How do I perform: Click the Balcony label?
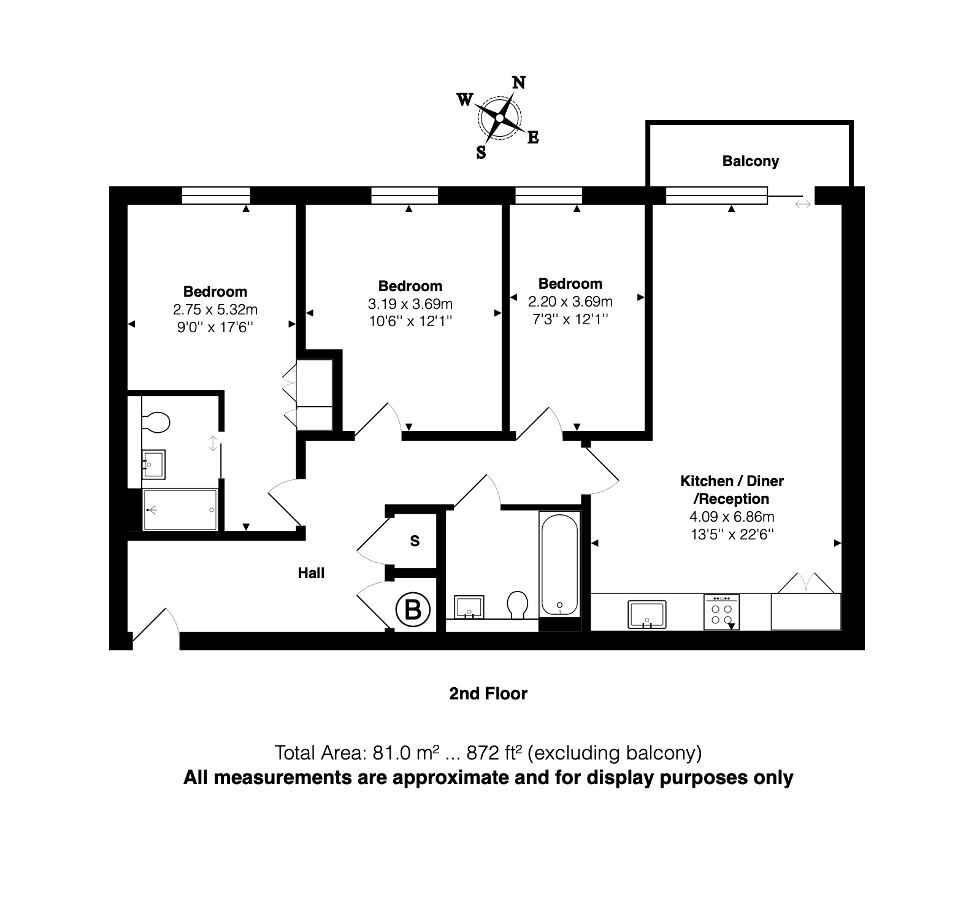pyautogui.click(x=750, y=161)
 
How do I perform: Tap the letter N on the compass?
pyautogui.click(x=518, y=83)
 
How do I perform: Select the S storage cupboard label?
pyautogui.click(x=415, y=541)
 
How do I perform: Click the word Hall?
pyautogui.click(x=311, y=573)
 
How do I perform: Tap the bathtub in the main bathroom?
pyautogui.click(x=559, y=564)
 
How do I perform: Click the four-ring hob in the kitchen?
pyautogui.click(x=721, y=612)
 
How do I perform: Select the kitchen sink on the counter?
pyautogui.click(x=647, y=615)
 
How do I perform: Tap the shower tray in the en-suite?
pyautogui.click(x=180, y=509)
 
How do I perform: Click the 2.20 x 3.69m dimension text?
pyautogui.click(x=570, y=302)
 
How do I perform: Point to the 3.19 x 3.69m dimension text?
pyautogui.click(x=410, y=303)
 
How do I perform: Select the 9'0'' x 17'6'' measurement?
pyautogui.click(x=215, y=327)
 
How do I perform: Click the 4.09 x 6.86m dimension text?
pyautogui.click(x=732, y=517)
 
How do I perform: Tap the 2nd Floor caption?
pyautogui.click(x=488, y=693)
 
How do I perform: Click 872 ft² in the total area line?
pyautogui.click(x=494, y=752)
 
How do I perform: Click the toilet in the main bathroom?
pyautogui.click(x=519, y=604)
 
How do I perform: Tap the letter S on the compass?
pyautogui.click(x=481, y=153)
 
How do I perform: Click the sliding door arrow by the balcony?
pyautogui.click(x=803, y=204)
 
